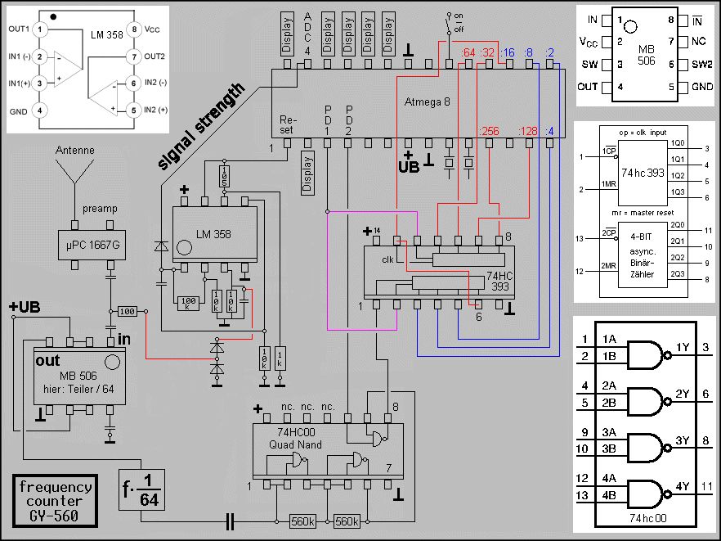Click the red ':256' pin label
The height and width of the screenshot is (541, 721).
tap(488, 132)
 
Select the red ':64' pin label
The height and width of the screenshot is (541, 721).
tap(468, 54)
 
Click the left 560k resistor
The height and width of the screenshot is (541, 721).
tap(303, 521)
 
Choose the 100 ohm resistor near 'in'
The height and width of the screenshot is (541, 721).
tap(126, 312)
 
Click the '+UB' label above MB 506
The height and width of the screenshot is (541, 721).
tap(25, 307)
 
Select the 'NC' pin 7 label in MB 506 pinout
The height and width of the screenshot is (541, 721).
tap(697, 41)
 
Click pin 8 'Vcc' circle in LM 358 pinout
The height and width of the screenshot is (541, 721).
tap(132, 29)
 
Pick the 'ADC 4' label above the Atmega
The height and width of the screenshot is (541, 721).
tap(307, 34)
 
